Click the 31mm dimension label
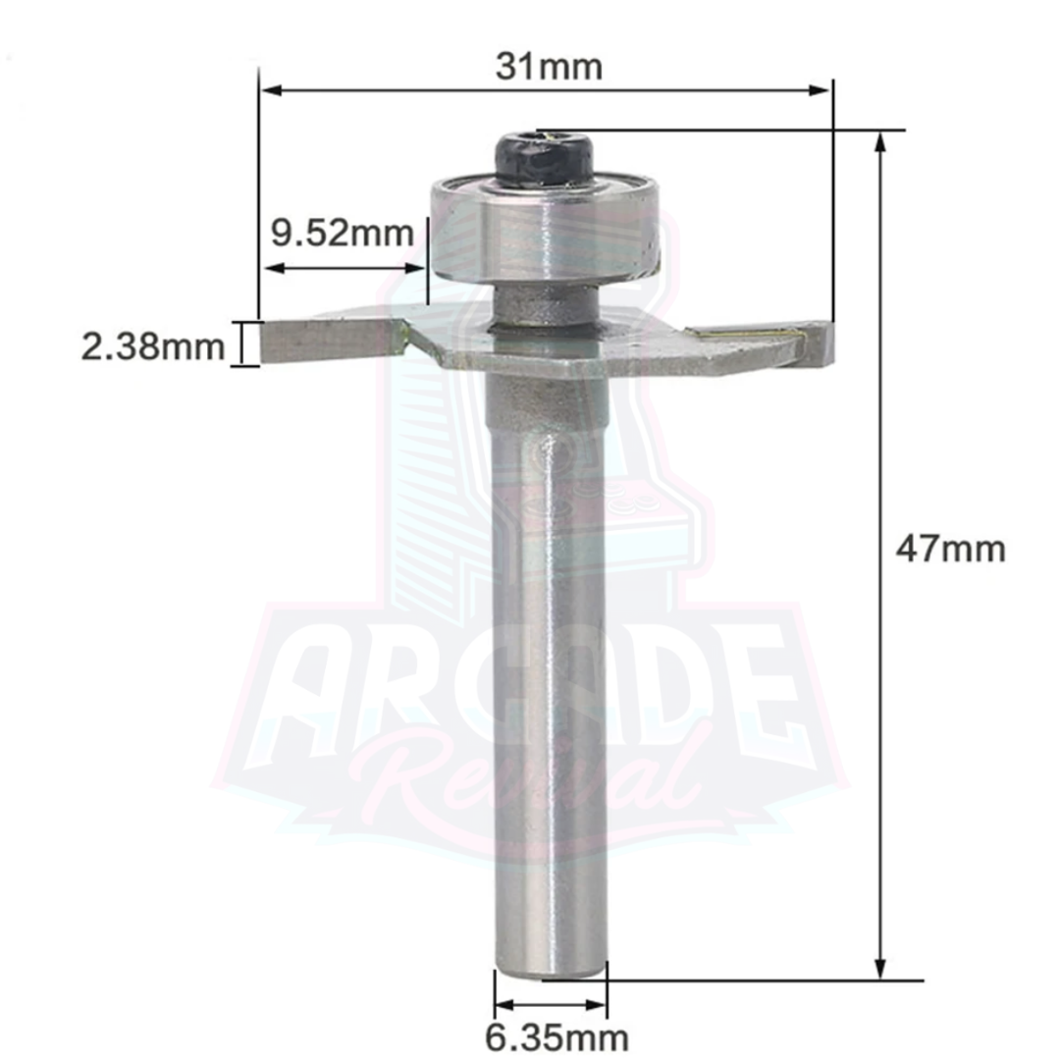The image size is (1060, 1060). [x=549, y=67]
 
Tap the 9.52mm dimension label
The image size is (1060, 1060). [x=343, y=234]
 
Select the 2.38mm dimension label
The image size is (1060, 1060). [x=153, y=347]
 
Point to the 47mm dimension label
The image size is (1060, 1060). [x=950, y=549]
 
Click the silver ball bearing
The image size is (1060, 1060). [x=544, y=230]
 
